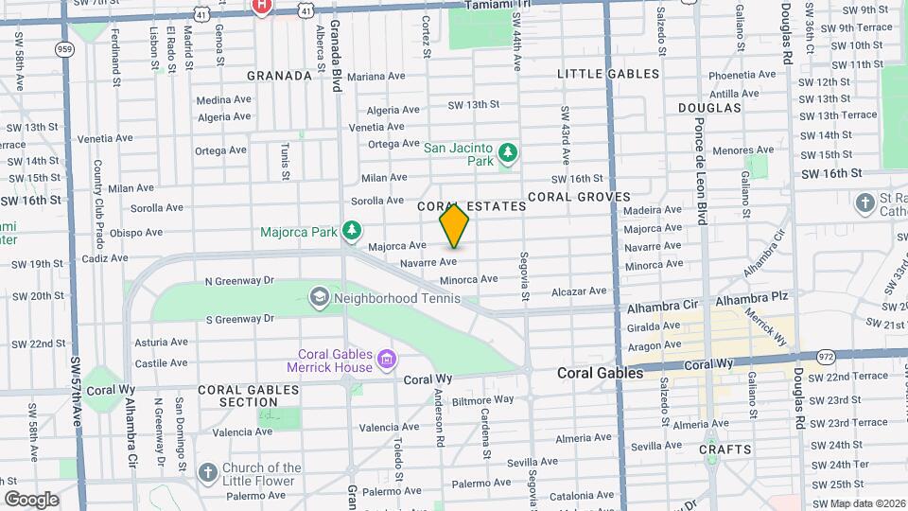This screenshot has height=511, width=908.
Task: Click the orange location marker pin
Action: (454, 225)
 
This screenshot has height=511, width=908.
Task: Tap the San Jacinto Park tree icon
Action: (508, 151)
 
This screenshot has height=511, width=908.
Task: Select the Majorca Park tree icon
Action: (352, 229)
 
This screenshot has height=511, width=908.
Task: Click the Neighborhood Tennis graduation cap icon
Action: (320, 298)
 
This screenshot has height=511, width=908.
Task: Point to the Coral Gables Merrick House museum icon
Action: (385, 359)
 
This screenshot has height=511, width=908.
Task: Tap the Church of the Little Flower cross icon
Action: (208, 471)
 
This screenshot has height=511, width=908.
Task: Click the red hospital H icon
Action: (262, 6)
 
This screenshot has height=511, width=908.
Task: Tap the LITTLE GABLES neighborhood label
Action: (608, 74)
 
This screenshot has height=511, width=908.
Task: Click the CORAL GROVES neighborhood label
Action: (579, 196)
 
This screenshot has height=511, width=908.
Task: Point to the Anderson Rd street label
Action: (440, 417)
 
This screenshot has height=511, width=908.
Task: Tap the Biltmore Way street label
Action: (482, 400)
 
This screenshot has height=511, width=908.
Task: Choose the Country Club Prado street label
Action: (97, 197)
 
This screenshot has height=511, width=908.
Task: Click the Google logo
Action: (31, 499)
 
